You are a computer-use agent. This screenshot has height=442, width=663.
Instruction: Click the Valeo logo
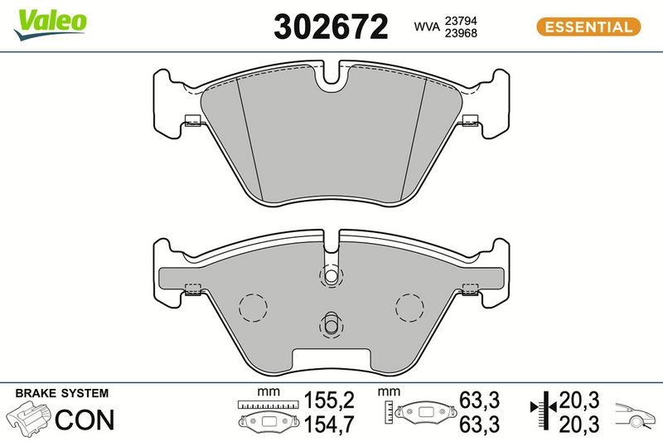tap(50, 25)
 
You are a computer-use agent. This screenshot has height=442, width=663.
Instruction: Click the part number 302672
tap(331, 27)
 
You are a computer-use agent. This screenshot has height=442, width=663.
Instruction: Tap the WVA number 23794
tap(461, 21)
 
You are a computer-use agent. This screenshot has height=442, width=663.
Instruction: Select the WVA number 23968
tap(461, 33)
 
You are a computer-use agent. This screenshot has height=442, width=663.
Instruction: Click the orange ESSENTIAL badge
tap(588, 27)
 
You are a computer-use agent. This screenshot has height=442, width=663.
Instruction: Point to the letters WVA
tap(427, 27)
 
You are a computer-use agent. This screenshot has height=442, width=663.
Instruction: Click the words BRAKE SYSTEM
tap(61, 393)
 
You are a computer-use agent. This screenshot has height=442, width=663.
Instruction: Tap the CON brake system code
tap(85, 420)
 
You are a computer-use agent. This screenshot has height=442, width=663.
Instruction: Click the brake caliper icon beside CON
tap(29, 418)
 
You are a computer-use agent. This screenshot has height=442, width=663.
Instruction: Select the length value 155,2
tap(329, 401)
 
